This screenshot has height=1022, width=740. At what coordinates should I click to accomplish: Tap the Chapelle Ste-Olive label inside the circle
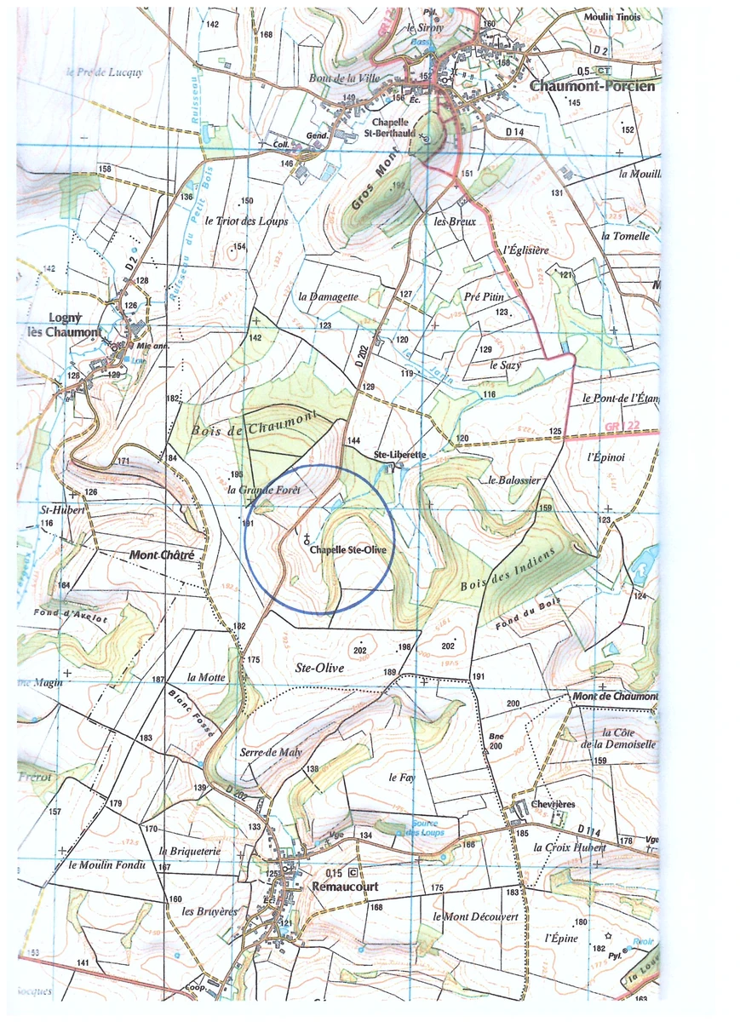pyautogui.click(x=348, y=550)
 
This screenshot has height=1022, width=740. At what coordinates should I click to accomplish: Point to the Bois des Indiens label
pyautogui.click(x=508, y=570)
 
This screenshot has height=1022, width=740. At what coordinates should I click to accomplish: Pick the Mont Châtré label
pyautogui.click(x=162, y=555)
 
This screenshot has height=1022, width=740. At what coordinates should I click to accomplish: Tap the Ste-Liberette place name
pyautogui.click(x=400, y=456)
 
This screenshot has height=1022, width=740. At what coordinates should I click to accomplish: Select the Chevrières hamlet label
pyautogui.click(x=553, y=804)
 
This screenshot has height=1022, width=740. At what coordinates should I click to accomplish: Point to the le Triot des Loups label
pyautogui.click(x=247, y=221)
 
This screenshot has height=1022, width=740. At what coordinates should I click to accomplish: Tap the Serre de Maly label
pyautogui.click(x=271, y=752)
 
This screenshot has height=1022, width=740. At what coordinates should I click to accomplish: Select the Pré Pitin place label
pyautogui.click(x=485, y=296)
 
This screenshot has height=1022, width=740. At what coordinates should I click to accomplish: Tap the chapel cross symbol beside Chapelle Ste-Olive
pyautogui.click(x=306, y=538)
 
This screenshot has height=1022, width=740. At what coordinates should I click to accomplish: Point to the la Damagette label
pyautogui.click(x=329, y=296)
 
